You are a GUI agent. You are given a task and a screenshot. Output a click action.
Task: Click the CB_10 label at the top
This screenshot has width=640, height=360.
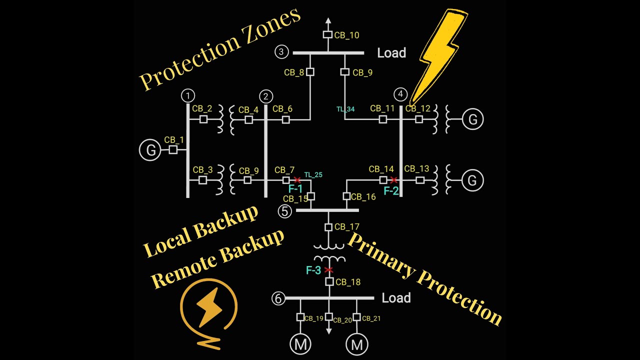pyautogui.click(x=346, y=35)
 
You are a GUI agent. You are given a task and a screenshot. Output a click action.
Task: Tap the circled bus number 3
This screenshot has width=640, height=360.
pyautogui.click(x=281, y=51)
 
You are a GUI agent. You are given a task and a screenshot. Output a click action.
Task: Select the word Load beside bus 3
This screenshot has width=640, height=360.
pyautogui.click(x=391, y=53)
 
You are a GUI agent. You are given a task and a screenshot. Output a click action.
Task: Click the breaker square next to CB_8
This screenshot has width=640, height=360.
pyautogui.click(x=310, y=72)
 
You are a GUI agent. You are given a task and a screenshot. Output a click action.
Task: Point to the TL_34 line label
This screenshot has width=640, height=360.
pyautogui.click(x=345, y=109)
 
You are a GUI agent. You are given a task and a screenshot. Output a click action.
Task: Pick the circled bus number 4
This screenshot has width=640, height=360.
pyautogui.click(x=400, y=94)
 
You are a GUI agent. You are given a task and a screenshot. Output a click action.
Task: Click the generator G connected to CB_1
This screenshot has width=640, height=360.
pyautogui.click(x=149, y=150)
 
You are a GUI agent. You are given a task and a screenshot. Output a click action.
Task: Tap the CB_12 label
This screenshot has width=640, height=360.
pyautogui.click(x=417, y=108)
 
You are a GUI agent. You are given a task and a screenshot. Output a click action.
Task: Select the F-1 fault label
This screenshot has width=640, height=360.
pyautogui.click(x=295, y=189)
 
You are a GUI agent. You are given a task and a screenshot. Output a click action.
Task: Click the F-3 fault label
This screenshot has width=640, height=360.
pyautogui.click(x=313, y=270)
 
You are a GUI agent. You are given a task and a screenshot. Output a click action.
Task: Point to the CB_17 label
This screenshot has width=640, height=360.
pyautogui.click(x=347, y=227)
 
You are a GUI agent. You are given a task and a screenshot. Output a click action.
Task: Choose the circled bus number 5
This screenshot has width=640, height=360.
pyautogui.click(x=284, y=211)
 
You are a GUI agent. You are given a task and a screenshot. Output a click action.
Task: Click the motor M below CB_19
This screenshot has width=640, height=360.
pyautogui.click(x=300, y=344)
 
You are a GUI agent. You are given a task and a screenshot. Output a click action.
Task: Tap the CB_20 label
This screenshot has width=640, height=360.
pyautogui.click(x=342, y=320)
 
